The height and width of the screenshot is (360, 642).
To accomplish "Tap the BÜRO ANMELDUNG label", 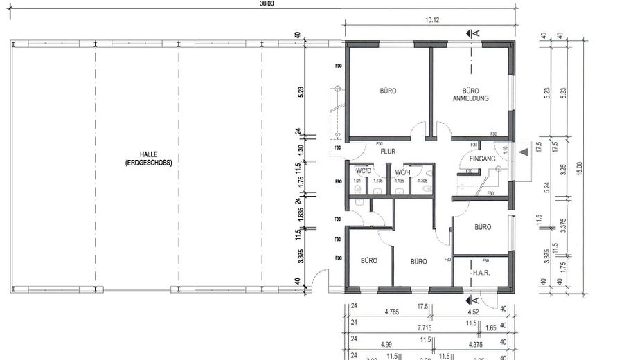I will (471, 94).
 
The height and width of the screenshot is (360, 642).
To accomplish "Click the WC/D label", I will (364, 172).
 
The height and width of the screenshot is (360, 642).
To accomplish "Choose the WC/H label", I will (403, 172).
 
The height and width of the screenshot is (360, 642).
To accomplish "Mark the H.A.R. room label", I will (481, 273).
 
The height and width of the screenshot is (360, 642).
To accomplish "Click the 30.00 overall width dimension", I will (267, 3).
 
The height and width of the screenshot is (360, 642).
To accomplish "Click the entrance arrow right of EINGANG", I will (524, 150).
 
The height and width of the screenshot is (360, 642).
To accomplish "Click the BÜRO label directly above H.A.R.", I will (483, 227).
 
